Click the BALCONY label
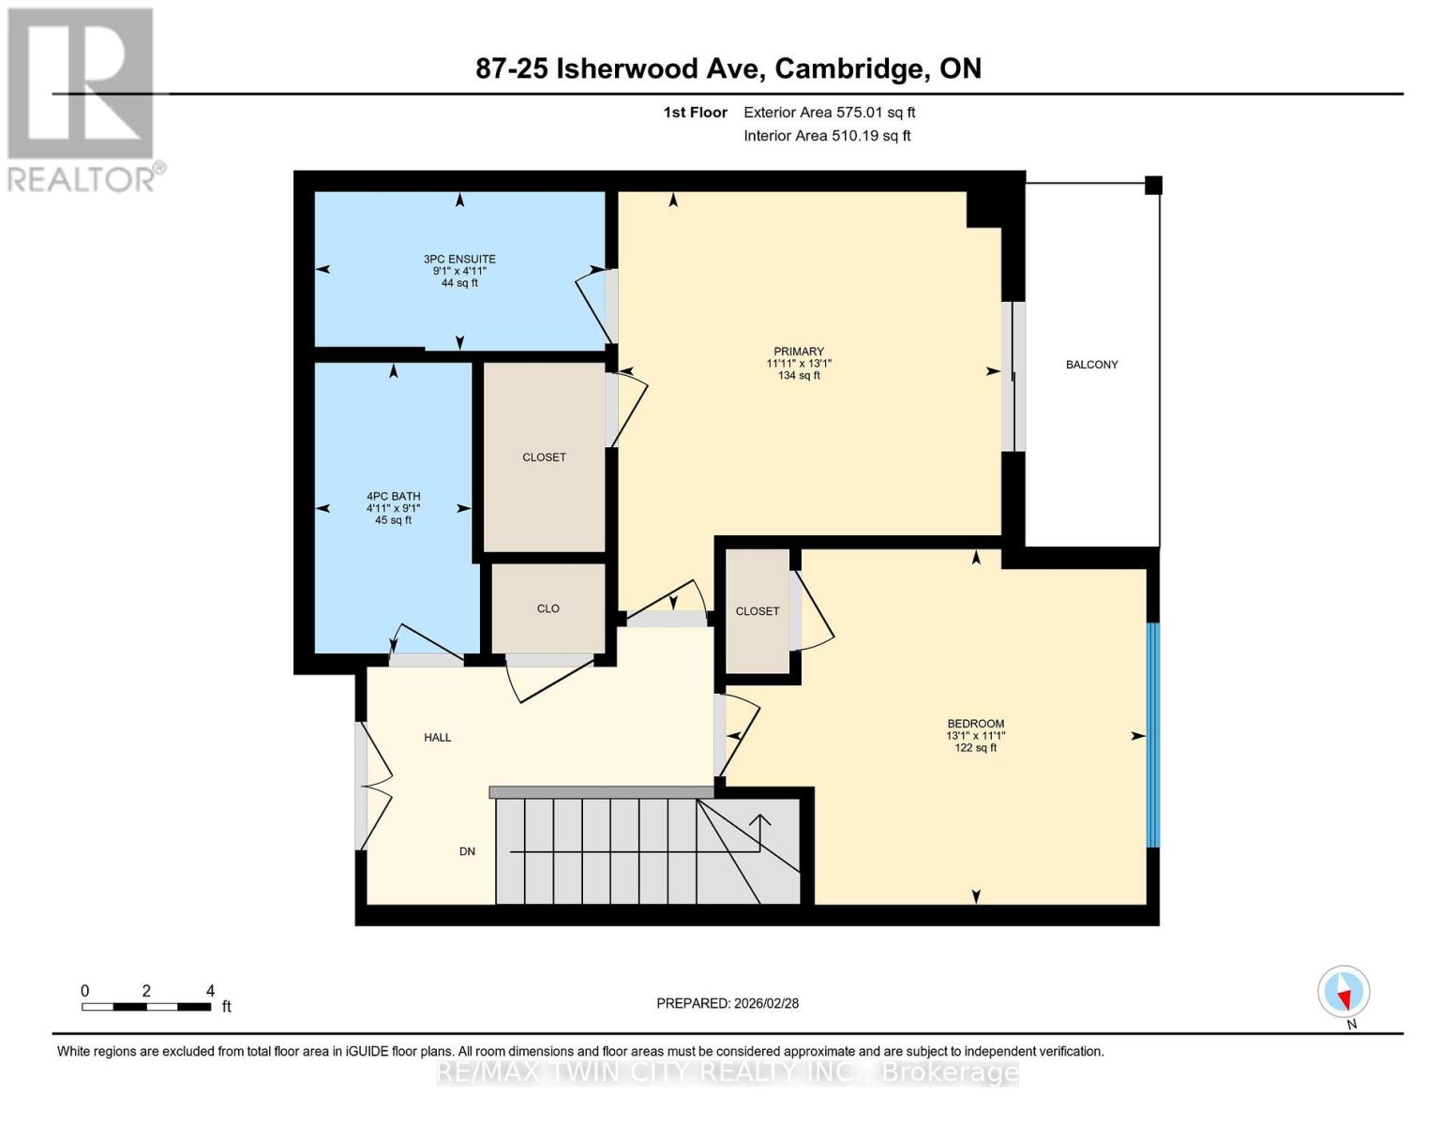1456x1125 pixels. pos(1091,365)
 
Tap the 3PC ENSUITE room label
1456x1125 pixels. pos(459,260)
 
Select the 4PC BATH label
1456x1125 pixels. pos(393,497)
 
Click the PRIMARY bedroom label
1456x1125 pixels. pos(799,352)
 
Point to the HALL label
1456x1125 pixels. pos(438,738)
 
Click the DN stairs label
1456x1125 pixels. pos(467,851)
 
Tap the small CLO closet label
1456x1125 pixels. pos(548,608)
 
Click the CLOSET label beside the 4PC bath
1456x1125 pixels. pos(544,457)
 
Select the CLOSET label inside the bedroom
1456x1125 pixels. pos(758,611)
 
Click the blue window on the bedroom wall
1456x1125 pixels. pos(1153,736)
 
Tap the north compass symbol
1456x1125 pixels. pos(1343,992)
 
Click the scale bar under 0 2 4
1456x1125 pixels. pos(145,1007)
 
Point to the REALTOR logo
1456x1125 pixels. pos(83,98)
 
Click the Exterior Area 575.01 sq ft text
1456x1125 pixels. pos(829,112)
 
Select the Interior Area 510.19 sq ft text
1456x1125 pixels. pos(827,136)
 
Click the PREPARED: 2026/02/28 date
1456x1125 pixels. pos(728,1003)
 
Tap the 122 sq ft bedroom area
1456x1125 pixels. pos(975,748)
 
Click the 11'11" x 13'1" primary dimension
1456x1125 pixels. pos(799,364)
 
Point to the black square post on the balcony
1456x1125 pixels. pos(1154,186)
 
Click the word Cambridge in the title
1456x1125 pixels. pos(848,68)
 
